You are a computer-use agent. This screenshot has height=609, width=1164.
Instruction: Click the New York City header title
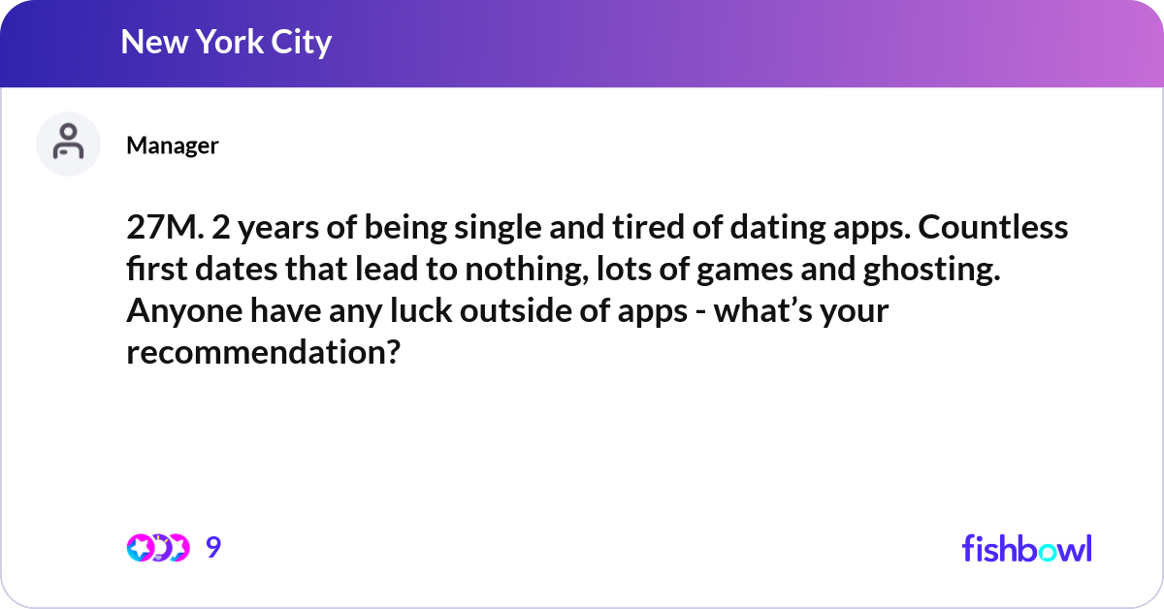pos(226,43)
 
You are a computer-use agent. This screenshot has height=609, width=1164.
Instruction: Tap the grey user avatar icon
pos(68,144)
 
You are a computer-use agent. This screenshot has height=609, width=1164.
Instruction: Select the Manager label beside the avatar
pos(173,145)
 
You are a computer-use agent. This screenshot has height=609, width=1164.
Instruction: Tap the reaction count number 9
pos(213,548)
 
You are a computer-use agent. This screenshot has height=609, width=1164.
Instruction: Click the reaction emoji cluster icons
pos(157,548)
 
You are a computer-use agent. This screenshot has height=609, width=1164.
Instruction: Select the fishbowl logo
pos(1026,548)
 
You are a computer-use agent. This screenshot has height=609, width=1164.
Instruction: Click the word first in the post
pos(155,270)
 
